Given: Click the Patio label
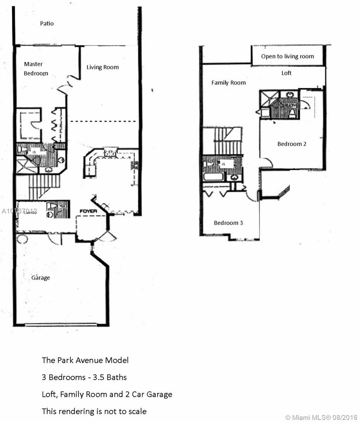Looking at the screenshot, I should click(x=47, y=24).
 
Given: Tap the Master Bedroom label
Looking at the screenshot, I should click(x=35, y=69).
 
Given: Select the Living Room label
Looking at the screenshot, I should click(x=102, y=67).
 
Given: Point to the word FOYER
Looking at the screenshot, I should click(x=88, y=211).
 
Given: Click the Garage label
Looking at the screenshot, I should click(x=40, y=278).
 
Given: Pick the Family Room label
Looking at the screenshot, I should click(x=228, y=83).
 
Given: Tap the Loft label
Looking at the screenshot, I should click(x=286, y=73).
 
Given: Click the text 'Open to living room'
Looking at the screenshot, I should click(x=288, y=56).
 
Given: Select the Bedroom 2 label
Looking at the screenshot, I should click(x=292, y=144).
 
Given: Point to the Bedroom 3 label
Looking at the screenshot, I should click(x=228, y=223).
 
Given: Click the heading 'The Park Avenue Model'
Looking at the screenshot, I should click(x=85, y=360).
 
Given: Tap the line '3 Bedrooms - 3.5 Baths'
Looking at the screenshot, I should click(x=84, y=377).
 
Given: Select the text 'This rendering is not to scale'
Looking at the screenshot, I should click(x=94, y=411).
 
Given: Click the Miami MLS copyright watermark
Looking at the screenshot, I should click(x=321, y=417).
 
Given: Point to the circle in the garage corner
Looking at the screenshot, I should click(x=22, y=239).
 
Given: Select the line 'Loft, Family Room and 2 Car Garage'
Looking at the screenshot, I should click(x=107, y=394).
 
